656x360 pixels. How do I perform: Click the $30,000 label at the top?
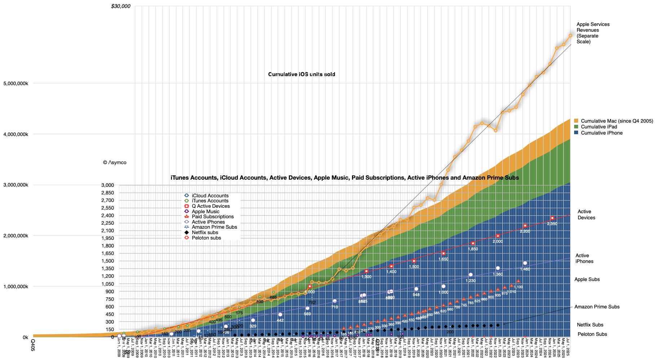[x=121, y=6]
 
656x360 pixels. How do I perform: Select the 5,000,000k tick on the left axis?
[x=16, y=83]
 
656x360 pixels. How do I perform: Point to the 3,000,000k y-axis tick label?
[x=16, y=185]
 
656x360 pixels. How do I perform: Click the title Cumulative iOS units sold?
[x=301, y=74]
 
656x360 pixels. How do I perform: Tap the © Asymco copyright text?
[x=115, y=162]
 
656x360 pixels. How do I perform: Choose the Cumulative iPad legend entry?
[x=599, y=127]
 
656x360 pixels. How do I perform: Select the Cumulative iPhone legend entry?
[x=602, y=133]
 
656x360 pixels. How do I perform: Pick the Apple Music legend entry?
[x=206, y=211]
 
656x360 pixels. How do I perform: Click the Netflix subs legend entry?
[x=205, y=232]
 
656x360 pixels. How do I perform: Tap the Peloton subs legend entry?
[x=206, y=238]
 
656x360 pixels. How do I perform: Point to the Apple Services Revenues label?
[x=593, y=33]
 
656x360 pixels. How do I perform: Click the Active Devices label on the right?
[x=586, y=215]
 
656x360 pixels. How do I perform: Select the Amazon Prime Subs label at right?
[x=597, y=307]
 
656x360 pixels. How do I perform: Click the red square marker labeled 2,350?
[x=552, y=218]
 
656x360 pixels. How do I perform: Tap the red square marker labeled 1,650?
[x=444, y=254]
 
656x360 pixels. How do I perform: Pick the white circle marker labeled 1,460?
[x=525, y=263]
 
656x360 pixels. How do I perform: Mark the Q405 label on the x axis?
[x=32, y=344]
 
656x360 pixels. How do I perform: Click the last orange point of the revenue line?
[x=571, y=35]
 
